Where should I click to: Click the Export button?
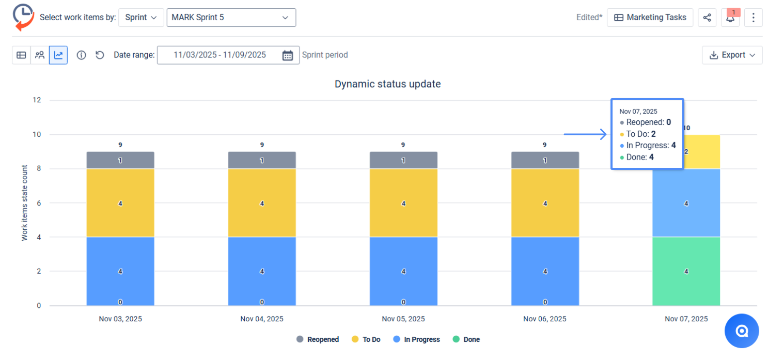[x=732, y=55]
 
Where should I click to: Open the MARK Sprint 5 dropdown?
[x=231, y=18]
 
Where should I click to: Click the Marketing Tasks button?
[x=650, y=18]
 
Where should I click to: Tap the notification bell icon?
[x=730, y=18]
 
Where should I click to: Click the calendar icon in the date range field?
[x=288, y=55]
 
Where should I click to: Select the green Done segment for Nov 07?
[x=686, y=271]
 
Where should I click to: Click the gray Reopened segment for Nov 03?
[x=120, y=160]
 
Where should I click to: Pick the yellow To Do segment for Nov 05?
[x=403, y=203]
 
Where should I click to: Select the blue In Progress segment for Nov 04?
[x=262, y=271]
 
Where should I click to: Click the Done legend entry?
[x=466, y=339]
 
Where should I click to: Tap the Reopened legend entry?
[x=318, y=339]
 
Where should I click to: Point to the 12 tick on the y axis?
[x=37, y=100]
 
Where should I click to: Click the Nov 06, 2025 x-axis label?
[x=544, y=319]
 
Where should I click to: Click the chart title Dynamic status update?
[x=387, y=84]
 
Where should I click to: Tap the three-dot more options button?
[x=753, y=18]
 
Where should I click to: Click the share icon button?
[x=707, y=18]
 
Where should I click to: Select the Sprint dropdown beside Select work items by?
[x=141, y=18]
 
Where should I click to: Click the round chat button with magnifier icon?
[x=742, y=331]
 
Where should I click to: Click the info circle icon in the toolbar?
[x=81, y=55]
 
